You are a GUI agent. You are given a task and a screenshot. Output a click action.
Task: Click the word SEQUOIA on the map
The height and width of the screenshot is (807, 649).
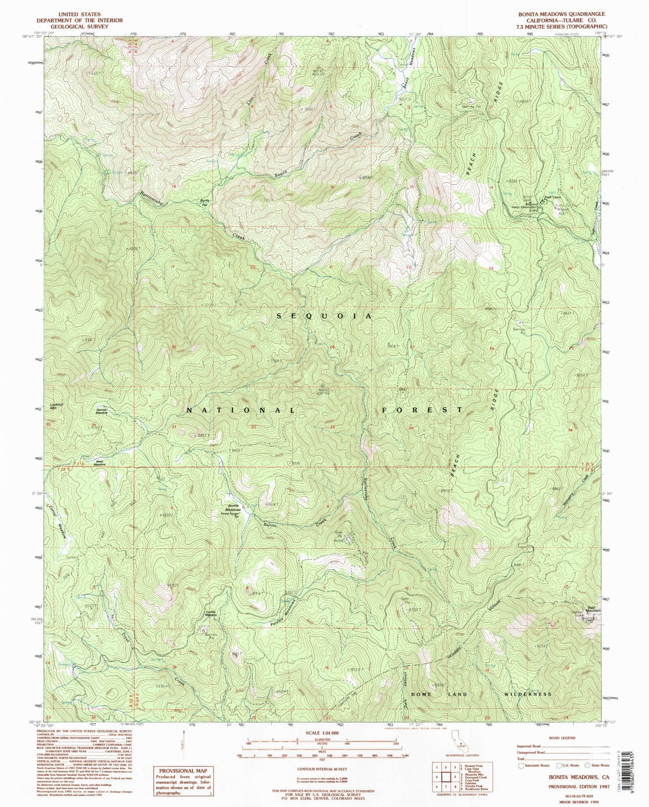pyautogui.click(x=324, y=316)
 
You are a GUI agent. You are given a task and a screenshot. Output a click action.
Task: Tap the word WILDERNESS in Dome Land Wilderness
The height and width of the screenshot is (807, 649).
pyautogui.click(x=528, y=694)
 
